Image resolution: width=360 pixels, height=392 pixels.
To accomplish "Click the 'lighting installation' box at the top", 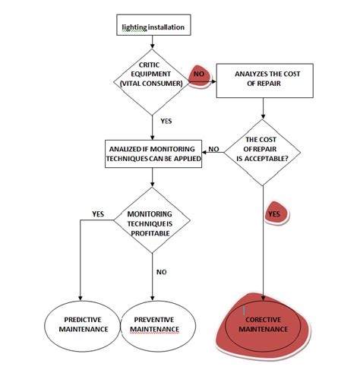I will (x=153, y=27).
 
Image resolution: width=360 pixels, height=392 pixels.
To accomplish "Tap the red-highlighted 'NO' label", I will (x=200, y=74).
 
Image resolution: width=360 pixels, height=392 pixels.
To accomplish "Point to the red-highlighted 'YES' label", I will (x=274, y=215).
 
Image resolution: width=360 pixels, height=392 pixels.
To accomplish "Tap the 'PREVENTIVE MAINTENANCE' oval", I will (x=153, y=324).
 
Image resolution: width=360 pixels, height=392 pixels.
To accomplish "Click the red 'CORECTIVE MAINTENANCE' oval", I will (x=264, y=324).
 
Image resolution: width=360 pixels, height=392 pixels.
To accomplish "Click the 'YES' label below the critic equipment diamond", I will (x=166, y=120).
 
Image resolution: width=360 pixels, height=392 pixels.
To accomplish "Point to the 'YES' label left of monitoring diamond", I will (x=98, y=213).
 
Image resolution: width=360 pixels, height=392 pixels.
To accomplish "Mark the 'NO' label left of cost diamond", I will (x=214, y=149).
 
